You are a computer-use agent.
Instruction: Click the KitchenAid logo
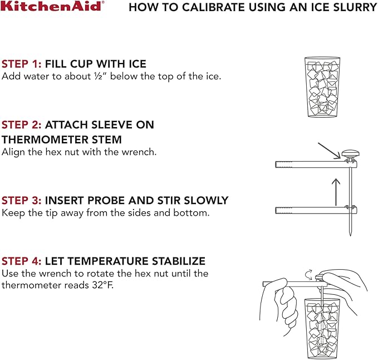click(52, 6)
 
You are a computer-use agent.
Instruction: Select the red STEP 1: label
click(22, 64)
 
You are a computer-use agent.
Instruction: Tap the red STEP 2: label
click(22, 125)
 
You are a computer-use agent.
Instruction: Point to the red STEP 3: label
click(22, 201)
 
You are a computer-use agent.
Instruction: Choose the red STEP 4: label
click(22, 261)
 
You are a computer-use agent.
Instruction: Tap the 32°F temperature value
click(102, 285)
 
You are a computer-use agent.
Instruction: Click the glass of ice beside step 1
click(322, 87)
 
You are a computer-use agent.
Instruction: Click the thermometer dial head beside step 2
click(350, 154)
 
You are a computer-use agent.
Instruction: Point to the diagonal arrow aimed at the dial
click(329, 151)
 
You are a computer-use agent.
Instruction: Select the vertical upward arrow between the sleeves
click(336, 192)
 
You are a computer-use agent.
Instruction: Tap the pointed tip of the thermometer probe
click(350, 236)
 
